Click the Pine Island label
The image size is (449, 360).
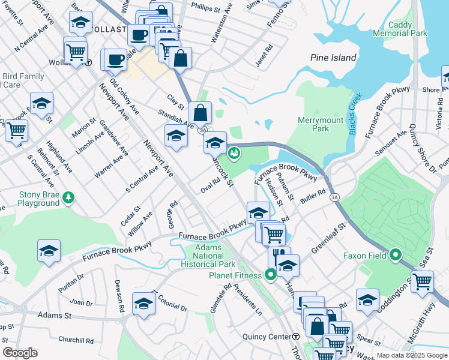coord(333,58)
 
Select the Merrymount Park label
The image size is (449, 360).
coord(322,124)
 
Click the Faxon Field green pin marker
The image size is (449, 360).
coord(396,255)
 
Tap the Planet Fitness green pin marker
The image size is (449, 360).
coord(270,275)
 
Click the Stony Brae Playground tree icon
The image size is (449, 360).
coord(70,197)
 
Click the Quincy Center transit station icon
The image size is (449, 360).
coord(296,337)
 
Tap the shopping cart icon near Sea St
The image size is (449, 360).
coord(422,280)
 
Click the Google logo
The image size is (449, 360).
coord(20,352)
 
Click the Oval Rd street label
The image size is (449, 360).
coord(211,188)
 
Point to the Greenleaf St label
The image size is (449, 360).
coord(330,237)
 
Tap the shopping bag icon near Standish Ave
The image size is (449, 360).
coord(200,112)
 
